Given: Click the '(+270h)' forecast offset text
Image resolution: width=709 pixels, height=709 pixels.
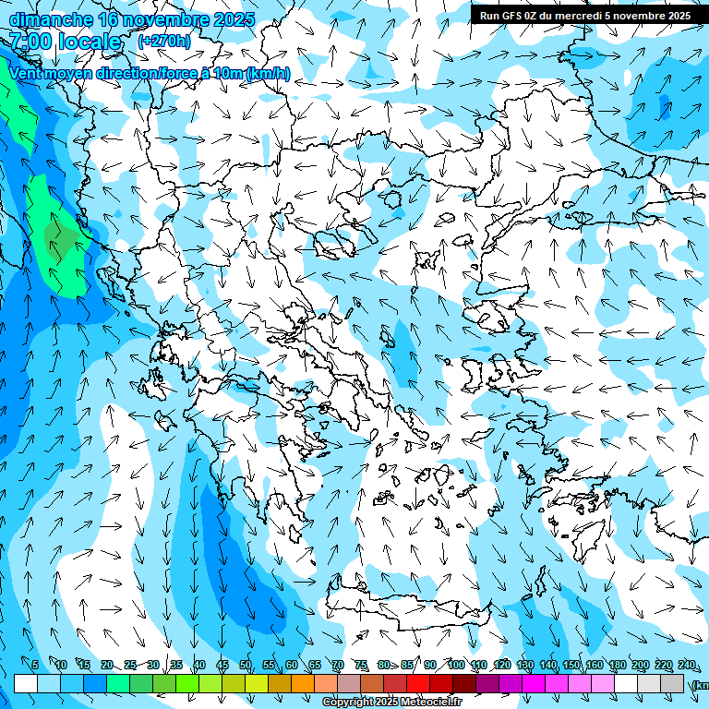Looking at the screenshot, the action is (163, 41).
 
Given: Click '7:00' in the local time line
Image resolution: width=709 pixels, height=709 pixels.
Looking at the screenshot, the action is (30, 42).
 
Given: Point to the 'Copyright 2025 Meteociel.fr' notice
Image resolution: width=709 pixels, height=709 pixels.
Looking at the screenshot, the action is (391, 703).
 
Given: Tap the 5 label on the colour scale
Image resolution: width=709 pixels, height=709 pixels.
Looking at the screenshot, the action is (35, 665).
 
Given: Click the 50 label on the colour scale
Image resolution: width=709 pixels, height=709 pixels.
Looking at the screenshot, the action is (246, 665).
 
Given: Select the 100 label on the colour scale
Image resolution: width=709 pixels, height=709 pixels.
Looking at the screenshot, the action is (456, 665).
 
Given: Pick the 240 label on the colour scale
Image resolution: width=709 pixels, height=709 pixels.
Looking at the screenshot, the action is (686, 665).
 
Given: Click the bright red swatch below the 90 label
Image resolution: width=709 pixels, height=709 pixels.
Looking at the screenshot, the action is (418, 683).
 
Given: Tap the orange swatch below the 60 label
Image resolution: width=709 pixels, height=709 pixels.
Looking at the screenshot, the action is (280, 683).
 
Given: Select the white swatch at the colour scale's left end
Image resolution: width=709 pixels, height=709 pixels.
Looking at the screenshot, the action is (26, 683).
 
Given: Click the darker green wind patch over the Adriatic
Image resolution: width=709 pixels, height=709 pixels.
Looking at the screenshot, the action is (62, 238).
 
